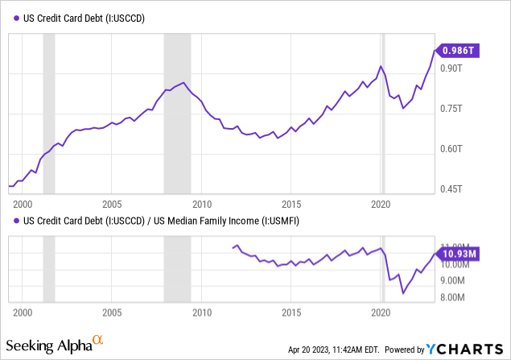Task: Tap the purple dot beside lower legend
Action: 16,219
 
